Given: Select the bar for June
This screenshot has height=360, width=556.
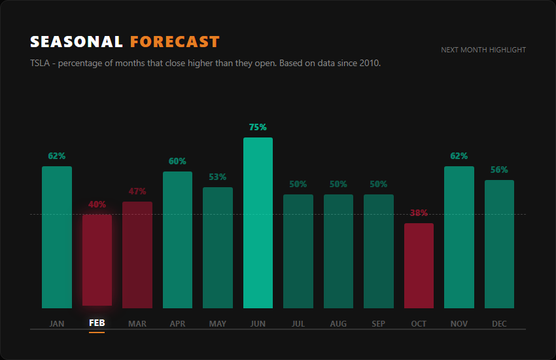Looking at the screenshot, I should coord(258,223).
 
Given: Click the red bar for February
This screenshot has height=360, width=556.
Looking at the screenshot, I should coord(97,259).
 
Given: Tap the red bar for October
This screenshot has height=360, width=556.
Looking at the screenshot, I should coord(419,265).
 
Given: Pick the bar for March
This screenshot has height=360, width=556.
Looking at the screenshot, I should coord(137,255).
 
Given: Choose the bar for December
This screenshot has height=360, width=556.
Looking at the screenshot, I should coord(499,243).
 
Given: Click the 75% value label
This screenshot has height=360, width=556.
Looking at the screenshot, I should coord(258,127).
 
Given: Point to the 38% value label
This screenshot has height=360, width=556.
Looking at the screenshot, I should coord(419,213).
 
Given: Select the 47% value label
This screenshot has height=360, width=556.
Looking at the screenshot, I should coord(137,191).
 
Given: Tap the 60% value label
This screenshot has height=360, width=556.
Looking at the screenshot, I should coord(177,161).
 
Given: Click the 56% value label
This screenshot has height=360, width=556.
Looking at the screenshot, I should coord(499,170).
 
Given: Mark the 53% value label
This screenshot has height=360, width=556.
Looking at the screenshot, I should coord(218,177).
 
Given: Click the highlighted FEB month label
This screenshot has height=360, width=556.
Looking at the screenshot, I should coord(97,323).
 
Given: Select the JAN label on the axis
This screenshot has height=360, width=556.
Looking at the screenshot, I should coord(57,323).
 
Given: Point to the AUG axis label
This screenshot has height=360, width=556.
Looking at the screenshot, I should coord(338,323).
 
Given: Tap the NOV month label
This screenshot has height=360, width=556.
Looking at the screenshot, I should coord(459,323).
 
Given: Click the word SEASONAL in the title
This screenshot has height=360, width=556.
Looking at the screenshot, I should coord(77,42).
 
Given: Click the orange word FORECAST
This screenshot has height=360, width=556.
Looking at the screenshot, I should coord(175,42).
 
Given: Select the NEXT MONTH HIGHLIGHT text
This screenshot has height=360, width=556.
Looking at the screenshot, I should coord(483,50).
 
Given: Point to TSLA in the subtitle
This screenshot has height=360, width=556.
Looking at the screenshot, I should coord(40,63).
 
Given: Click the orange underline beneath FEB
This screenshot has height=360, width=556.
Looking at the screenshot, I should coord(97,333).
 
